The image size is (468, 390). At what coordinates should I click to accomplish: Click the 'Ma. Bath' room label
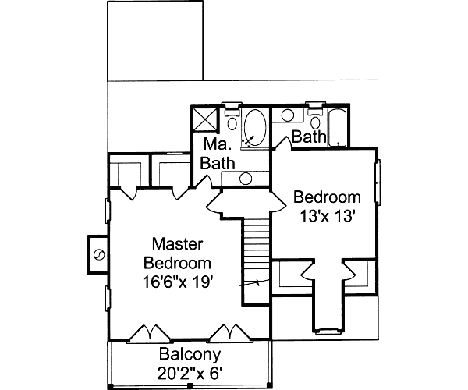(218, 154)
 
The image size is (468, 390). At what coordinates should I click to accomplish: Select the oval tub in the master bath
(255, 127)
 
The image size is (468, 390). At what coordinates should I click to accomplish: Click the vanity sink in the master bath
(245, 179)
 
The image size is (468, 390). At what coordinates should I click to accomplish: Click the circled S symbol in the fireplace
(99, 254)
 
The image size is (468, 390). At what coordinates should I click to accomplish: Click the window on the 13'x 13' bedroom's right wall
(378, 183)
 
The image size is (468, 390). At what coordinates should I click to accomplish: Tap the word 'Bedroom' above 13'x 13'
(327, 197)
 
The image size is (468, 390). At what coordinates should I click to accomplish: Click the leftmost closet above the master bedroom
(124, 172)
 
